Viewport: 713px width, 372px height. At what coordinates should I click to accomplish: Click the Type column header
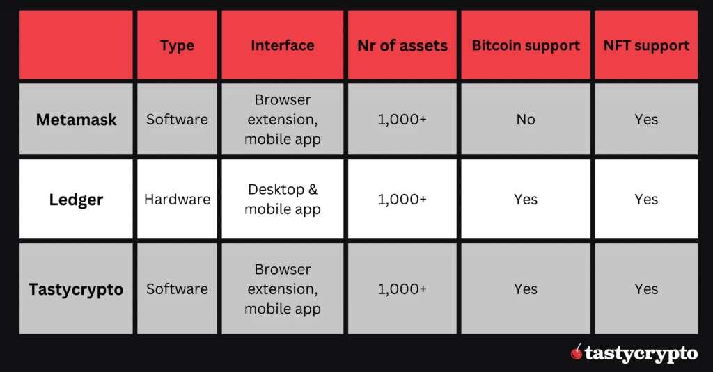[177, 46]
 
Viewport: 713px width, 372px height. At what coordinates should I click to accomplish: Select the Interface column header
[282, 46]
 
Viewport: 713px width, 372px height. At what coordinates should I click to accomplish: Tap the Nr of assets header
[402, 47]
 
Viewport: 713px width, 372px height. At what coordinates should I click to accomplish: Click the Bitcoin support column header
[526, 46]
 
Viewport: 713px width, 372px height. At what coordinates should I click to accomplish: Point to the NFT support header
[646, 46]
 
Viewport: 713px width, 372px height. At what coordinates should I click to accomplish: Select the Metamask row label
[77, 120]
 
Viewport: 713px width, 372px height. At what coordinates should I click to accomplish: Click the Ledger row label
[77, 200]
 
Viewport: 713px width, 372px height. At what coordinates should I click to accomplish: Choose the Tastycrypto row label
[77, 289]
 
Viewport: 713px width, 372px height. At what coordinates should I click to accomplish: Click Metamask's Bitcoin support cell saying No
[526, 120]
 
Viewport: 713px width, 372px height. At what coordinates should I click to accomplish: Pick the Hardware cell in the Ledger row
[177, 200]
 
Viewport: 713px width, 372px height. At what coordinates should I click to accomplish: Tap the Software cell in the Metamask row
[177, 120]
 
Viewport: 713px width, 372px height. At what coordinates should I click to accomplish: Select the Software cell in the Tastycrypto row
[177, 289]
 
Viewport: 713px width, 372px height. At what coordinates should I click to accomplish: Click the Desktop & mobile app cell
[282, 200]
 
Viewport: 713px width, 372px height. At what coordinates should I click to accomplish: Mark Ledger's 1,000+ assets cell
[402, 200]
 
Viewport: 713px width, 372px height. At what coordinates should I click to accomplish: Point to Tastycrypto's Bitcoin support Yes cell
[526, 289]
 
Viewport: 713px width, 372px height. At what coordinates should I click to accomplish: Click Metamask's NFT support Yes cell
[646, 120]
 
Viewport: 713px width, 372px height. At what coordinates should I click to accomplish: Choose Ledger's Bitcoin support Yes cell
[526, 200]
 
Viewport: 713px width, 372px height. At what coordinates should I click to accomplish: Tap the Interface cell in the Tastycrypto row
[282, 289]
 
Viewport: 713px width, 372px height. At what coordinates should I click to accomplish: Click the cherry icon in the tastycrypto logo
[577, 353]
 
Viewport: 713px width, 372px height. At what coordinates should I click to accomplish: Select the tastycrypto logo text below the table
[641, 354]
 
